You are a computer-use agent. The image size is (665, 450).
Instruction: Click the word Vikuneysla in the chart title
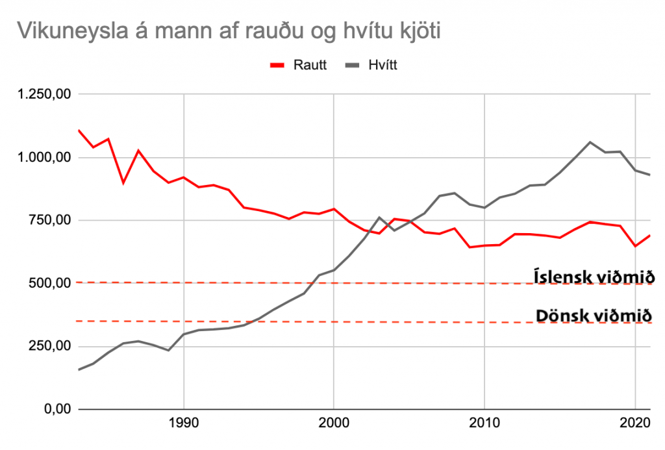pyautogui.click(x=64, y=31)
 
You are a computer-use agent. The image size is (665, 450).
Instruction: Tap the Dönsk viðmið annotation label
pyautogui.click(x=594, y=316)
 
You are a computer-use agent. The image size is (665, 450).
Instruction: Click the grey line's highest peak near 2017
pyautogui.click(x=590, y=142)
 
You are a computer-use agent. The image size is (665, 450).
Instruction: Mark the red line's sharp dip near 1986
pyautogui.click(x=123, y=183)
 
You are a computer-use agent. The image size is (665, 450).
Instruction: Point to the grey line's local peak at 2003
pyautogui.click(x=379, y=218)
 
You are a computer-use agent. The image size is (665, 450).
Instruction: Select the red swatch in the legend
pyautogui.click(x=277, y=65)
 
